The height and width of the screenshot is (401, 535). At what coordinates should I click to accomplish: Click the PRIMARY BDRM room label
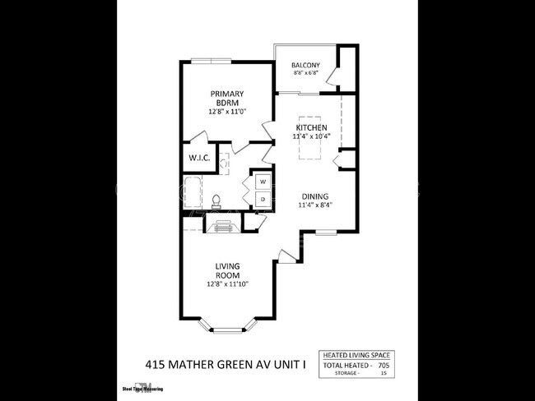226,99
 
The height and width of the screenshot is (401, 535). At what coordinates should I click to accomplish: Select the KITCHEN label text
313,128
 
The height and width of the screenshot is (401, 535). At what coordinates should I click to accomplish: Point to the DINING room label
314,196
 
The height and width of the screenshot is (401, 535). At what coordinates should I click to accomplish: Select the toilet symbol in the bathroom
216,200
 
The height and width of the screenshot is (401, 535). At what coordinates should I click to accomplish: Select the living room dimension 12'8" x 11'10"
227,283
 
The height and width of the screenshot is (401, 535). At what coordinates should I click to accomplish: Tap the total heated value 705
383,364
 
